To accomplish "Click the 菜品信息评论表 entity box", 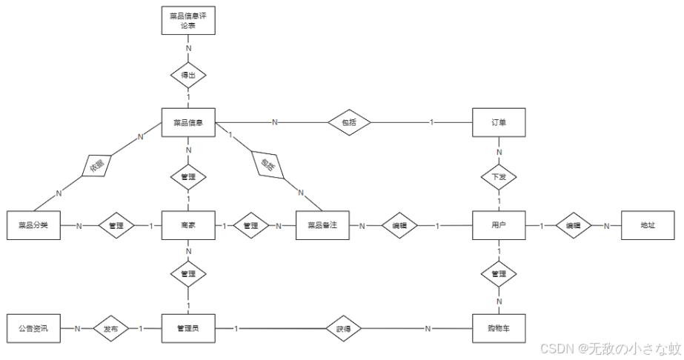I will point(188,20).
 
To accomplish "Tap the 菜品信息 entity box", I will point(188,122).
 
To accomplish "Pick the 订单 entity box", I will point(499,122).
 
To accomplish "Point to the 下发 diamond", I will point(499,177).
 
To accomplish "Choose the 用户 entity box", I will point(499,225).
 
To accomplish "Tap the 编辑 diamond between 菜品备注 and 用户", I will point(399,225).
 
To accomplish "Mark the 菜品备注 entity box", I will point(322,225).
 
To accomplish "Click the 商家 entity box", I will point(188,225).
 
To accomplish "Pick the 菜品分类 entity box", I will point(33,225).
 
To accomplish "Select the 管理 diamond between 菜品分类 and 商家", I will point(116,225).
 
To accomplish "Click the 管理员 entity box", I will point(188,327).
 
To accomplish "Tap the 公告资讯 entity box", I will point(33,327).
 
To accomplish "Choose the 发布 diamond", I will point(110,327).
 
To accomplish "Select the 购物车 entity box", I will point(499,327).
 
